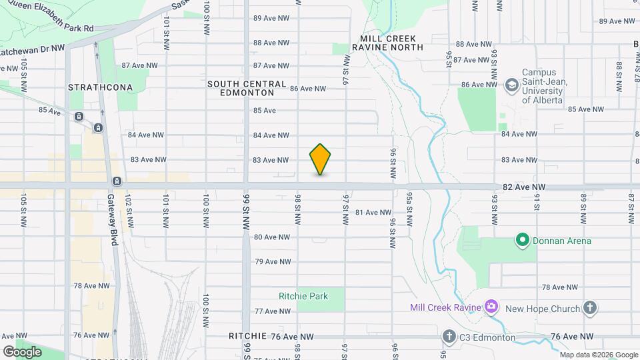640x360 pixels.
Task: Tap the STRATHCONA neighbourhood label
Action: (x=100, y=87)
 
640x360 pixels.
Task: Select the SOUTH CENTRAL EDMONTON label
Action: (x=246, y=89)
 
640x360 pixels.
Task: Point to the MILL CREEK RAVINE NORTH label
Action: (x=391, y=43)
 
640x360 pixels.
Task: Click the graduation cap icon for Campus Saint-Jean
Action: (x=511, y=85)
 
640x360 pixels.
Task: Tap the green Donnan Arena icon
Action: (x=523, y=240)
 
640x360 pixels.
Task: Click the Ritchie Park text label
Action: (x=303, y=296)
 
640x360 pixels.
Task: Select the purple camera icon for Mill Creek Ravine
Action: (x=491, y=307)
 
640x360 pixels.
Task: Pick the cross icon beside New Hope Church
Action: (x=589, y=307)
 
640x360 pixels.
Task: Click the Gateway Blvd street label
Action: (x=112, y=220)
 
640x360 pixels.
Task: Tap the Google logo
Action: (x=22, y=351)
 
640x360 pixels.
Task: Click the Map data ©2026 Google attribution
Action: (x=599, y=355)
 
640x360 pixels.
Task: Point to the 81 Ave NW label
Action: (x=373, y=213)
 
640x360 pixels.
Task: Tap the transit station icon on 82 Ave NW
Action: (x=117, y=181)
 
